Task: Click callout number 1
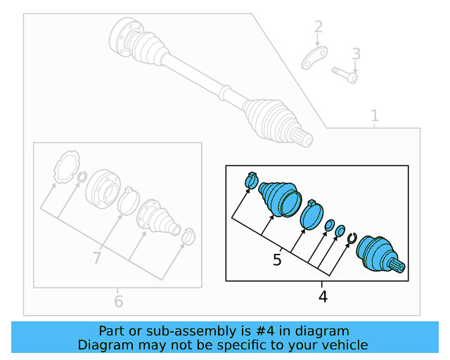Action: tap(375, 115)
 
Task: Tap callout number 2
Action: tap(319, 27)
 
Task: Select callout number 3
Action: tap(356, 53)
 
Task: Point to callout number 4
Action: tap(323, 297)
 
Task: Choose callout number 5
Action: tap(277, 260)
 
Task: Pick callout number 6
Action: tap(118, 302)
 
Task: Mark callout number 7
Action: tap(98, 258)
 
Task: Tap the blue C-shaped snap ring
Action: tap(352, 240)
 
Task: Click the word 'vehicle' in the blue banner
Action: tap(344, 345)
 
